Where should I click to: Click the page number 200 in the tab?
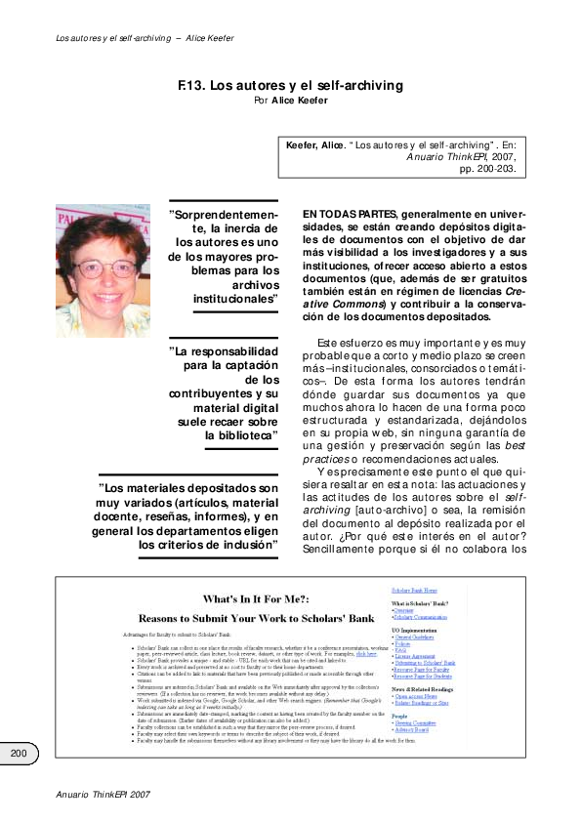(19, 753)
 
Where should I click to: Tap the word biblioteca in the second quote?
(240, 434)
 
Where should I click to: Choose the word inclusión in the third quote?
(242, 544)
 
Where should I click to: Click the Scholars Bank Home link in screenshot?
(415, 591)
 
